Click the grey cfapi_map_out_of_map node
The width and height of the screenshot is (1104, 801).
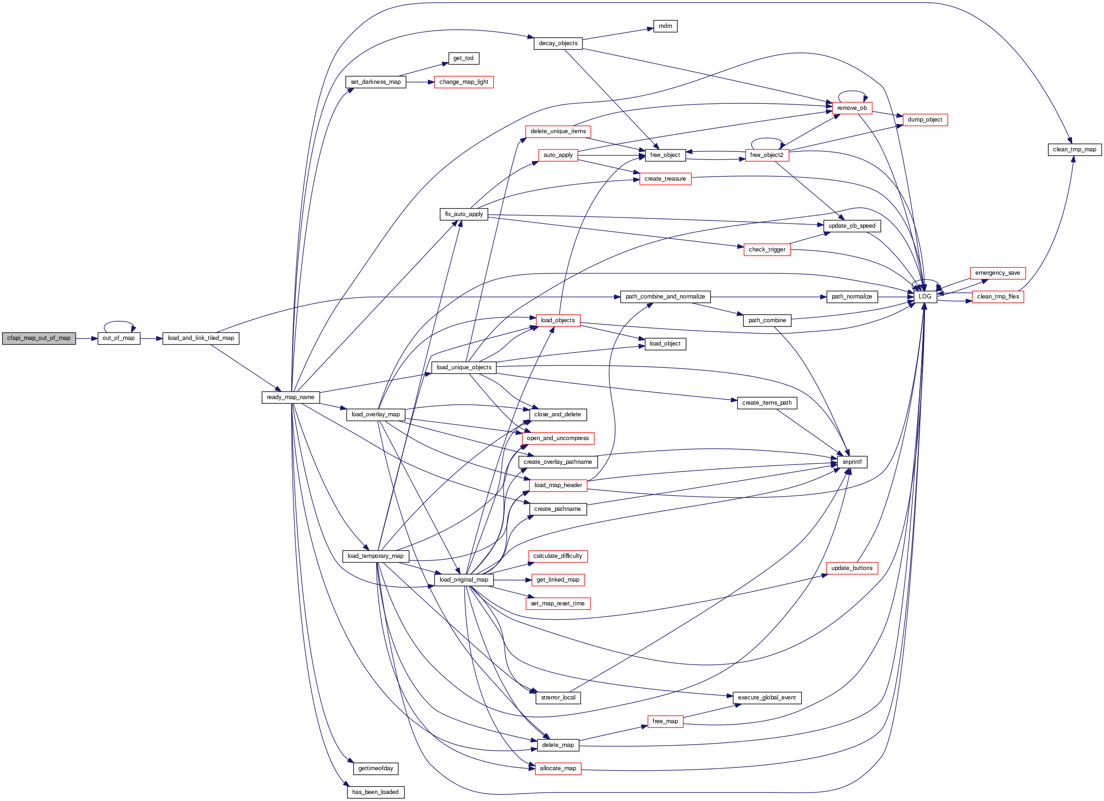39,338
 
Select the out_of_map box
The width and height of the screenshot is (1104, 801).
119,338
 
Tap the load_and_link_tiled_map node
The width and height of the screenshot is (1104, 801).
201,338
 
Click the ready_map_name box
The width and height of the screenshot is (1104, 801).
291,397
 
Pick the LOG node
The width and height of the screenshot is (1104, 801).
925,297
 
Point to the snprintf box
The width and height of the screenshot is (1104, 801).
852,462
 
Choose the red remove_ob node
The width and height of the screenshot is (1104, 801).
852,108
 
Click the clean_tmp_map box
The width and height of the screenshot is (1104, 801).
1074,149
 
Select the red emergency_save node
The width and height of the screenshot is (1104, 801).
997,273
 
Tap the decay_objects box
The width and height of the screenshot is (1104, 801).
558,43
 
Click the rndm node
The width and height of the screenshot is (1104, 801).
665,26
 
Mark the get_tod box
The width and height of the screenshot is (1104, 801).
463,59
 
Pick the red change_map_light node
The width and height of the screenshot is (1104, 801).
463,82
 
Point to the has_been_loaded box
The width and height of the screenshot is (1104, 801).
375,792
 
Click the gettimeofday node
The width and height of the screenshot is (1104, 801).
375,768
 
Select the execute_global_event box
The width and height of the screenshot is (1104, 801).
767,698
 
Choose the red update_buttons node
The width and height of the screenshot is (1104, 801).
852,568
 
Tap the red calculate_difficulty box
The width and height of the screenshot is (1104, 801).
558,556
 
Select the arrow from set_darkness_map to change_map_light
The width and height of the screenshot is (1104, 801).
420,82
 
